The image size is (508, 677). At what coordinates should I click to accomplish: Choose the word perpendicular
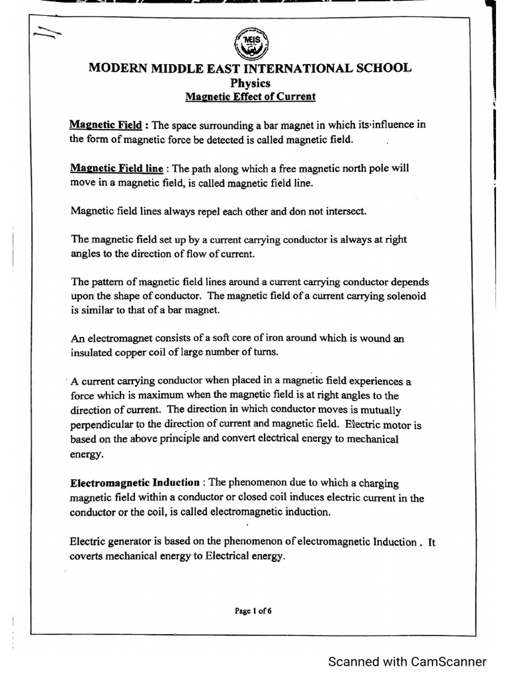(101, 424)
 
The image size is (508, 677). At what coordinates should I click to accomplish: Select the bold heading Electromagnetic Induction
(135, 483)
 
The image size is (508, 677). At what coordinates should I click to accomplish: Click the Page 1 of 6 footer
(253, 611)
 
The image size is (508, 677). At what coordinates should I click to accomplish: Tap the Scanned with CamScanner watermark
(407, 661)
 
